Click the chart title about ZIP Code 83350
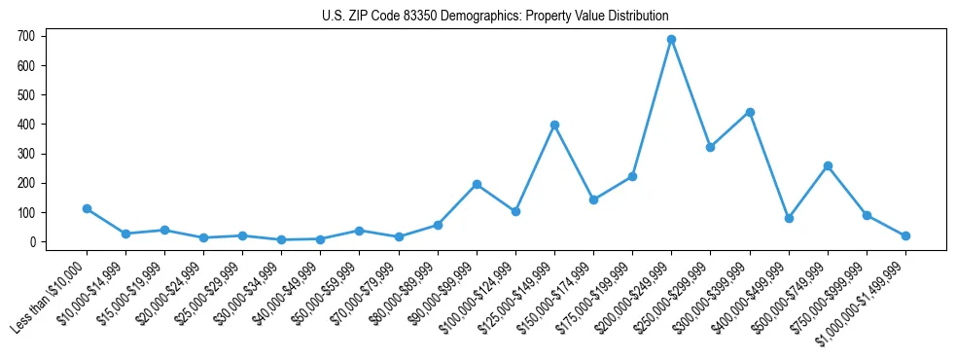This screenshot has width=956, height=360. [x=495, y=16]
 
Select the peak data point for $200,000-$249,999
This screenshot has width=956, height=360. [x=671, y=39]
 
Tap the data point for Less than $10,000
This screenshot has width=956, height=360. [x=87, y=208]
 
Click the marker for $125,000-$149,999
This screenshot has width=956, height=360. [x=554, y=125]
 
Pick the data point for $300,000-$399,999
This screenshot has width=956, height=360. [x=750, y=112]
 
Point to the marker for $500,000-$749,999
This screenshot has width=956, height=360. [x=828, y=165]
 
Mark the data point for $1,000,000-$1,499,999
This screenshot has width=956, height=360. [x=905, y=235]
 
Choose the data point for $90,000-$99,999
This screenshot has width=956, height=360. [x=477, y=184]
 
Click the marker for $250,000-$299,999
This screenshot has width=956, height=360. [x=710, y=147]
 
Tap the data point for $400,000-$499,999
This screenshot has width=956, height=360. [x=789, y=218]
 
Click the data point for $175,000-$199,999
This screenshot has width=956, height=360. [x=632, y=176]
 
